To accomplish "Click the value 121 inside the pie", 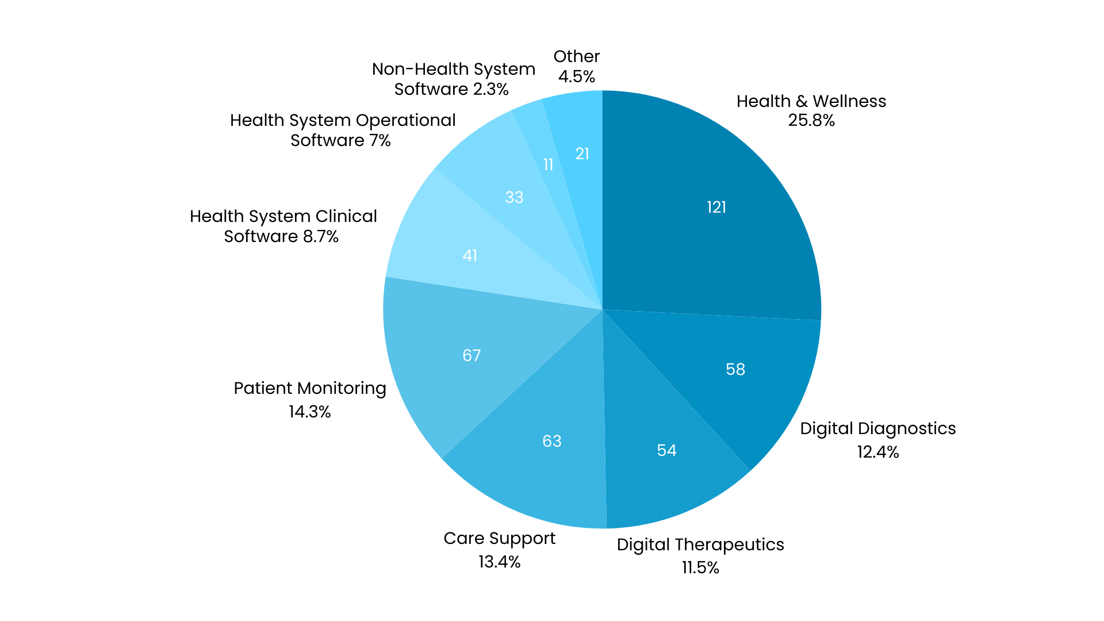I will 716,207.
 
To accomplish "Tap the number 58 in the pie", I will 735,369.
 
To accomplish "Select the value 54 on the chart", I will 666,450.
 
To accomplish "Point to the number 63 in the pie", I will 552,441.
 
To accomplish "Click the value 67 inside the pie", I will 471,355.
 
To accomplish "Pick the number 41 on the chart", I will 470,255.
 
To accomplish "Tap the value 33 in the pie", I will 514,197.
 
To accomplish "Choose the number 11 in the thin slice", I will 548,165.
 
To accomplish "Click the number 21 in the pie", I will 582,154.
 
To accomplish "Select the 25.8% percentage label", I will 811,120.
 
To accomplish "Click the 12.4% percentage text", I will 877,452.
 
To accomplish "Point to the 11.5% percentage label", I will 700,568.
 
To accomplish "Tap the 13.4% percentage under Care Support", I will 499,562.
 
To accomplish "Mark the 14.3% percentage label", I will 309,412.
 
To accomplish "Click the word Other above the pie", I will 576,56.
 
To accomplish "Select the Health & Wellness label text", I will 811,101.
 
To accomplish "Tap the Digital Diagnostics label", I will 877,428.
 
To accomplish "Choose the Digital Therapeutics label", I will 700,545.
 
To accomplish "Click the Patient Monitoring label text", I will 309,388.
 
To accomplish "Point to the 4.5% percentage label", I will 576,76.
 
